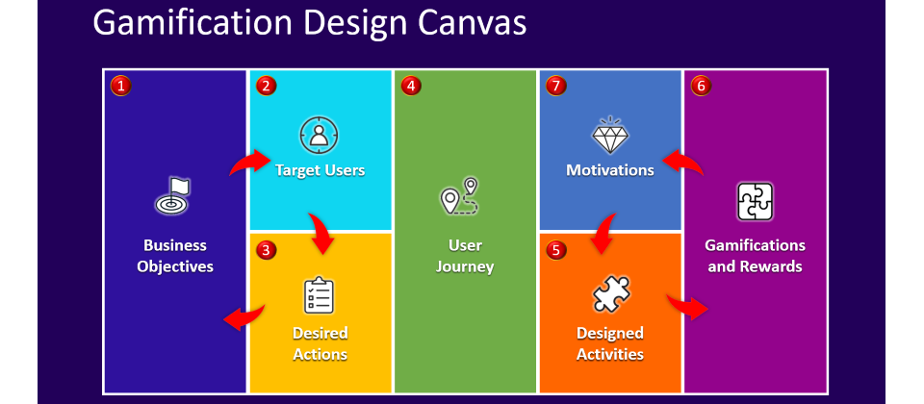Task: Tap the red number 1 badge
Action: [121, 86]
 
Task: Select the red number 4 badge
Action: [411, 86]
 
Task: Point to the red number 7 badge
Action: [555, 86]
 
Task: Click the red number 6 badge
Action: [701, 86]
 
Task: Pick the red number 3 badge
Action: [266, 250]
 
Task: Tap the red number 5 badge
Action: [555, 250]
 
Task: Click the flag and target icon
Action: [172, 195]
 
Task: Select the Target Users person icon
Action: [319, 135]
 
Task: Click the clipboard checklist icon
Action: [319, 295]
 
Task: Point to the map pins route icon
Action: [460, 196]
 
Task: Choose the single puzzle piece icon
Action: [611, 292]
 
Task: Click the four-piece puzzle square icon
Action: [755, 202]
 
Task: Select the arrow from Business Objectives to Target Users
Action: [248, 162]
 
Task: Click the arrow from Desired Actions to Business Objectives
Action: [245, 318]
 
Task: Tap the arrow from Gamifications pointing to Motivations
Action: [682, 162]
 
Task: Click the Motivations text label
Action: [610, 170]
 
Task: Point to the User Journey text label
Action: [464, 256]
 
